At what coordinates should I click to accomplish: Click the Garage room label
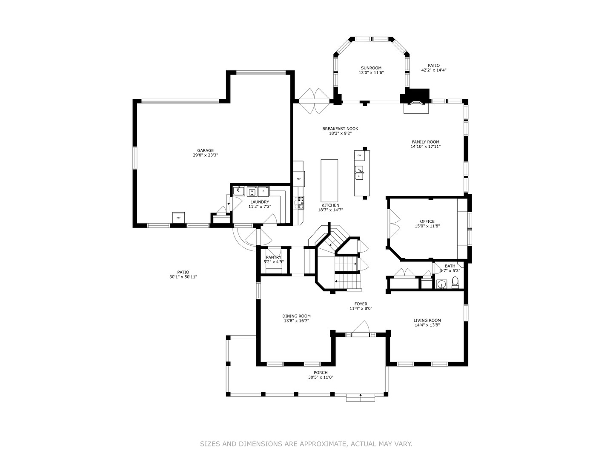205,150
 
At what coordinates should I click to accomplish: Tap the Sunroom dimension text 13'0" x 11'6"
371,73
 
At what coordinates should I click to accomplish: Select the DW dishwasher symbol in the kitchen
360,155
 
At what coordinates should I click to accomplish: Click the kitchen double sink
359,172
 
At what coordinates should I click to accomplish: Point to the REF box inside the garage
178,218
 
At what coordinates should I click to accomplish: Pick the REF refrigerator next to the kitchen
298,179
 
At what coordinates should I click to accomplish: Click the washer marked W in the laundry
252,192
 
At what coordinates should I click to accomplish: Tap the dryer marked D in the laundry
263,192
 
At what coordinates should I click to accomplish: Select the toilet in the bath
455,282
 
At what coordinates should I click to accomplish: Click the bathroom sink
442,284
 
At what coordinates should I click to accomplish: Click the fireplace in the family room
416,103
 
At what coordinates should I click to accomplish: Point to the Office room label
427,221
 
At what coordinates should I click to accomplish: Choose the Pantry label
273,257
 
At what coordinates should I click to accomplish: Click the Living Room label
427,320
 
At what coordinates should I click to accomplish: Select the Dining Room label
296,316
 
